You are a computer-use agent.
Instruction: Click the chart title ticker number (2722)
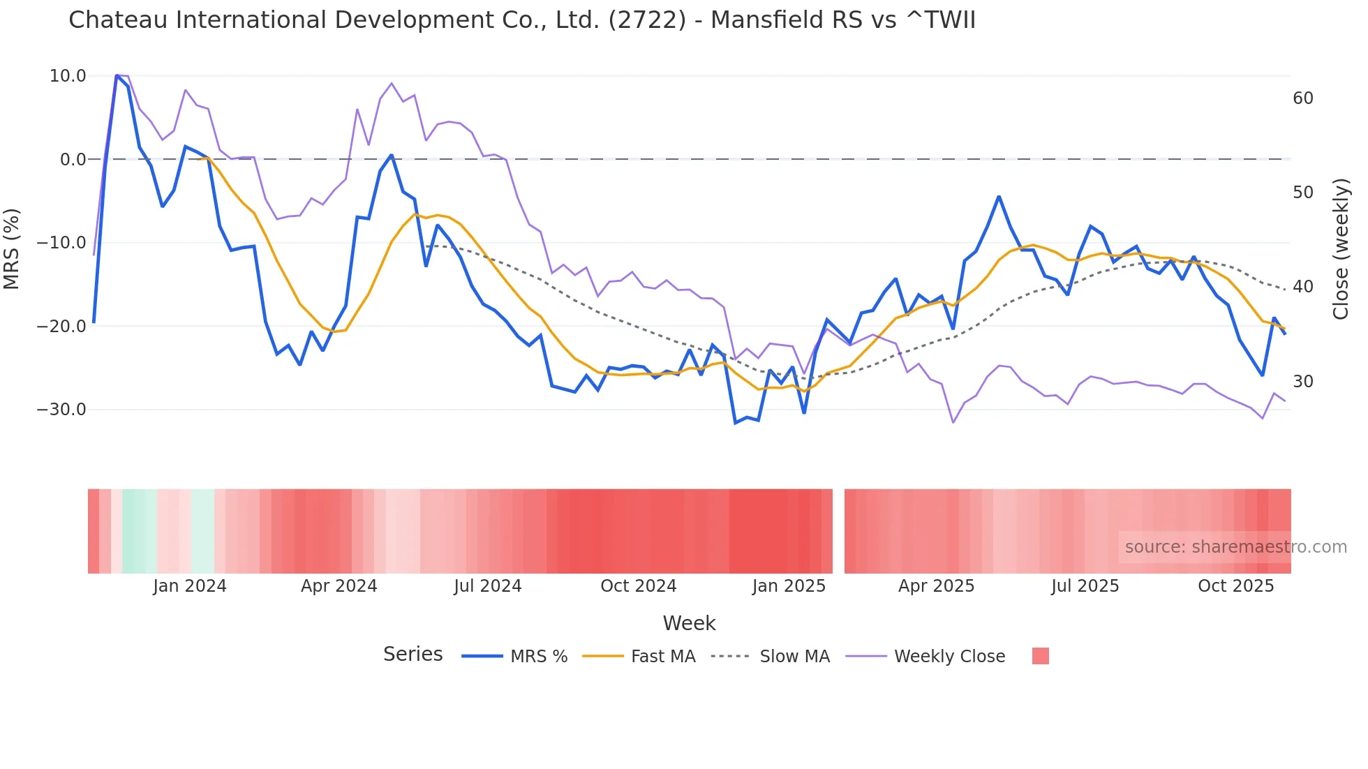[647, 20]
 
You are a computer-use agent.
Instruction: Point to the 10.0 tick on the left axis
[68, 76]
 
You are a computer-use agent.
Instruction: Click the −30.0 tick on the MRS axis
[61, 410]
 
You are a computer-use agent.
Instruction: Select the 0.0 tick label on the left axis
[73, 160]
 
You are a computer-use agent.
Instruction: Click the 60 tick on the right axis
[1302, 98]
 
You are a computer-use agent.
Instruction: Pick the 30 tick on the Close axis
[1302, 382]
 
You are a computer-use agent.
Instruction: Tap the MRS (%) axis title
[12, 249]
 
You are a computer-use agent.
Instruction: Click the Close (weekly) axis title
[1340, 249]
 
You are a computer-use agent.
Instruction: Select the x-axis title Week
[688, 623]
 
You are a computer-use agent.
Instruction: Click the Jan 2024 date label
[190, 586]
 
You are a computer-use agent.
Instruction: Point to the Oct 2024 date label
[638, 586]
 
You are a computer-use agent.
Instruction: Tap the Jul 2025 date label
[1085, 586]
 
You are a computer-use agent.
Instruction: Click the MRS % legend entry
[538, 657]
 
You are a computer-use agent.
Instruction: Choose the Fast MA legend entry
[662, 657]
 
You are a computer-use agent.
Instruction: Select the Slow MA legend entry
[794, 657]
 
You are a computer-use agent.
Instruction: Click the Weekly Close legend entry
[949, 657]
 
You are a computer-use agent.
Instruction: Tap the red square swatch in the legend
[1040, 656]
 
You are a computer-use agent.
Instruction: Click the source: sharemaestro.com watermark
[1235, 547]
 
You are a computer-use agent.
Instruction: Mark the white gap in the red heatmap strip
[838, 531]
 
